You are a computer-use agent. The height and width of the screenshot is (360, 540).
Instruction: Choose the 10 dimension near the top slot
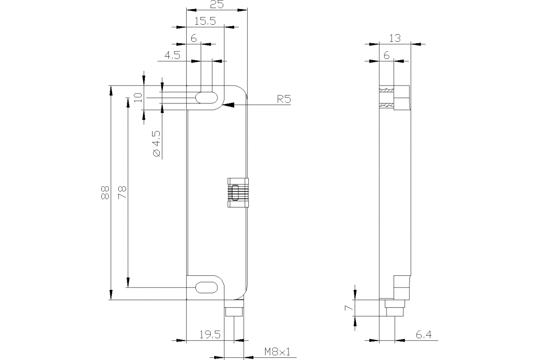click(x=138, y=97)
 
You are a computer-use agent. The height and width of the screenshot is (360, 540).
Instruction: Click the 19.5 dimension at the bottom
click(x=210, y=334)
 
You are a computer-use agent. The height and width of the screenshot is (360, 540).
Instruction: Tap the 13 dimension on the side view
click(x=395, y=39)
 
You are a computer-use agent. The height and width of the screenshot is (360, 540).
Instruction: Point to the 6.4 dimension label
click(x=423, y=334)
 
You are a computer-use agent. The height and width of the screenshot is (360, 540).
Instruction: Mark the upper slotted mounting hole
click(x=205, y=98)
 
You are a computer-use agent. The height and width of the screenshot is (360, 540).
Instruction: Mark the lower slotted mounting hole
click(x=205, y=287)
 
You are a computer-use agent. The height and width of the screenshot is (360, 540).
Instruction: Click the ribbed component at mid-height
click(x=238, y=193)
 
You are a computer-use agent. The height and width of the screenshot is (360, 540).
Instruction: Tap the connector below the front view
click(x=234, y=311)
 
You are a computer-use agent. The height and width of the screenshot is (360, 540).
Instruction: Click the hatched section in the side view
click(x=387, y=98)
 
